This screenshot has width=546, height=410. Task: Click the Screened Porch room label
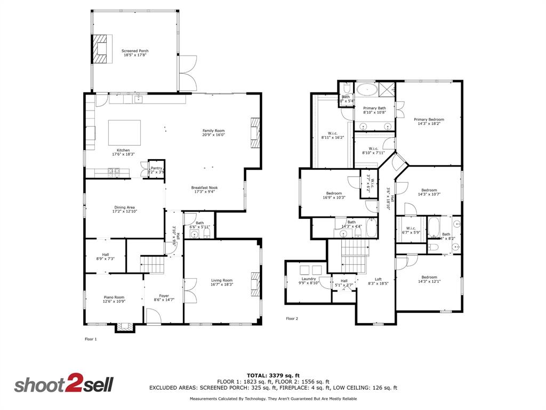[x=135, y=51]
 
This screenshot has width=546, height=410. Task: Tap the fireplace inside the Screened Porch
[x=101, y=49]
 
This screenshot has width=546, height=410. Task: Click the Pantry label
[x=156, y=168]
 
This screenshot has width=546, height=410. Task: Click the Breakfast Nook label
[x=205, y=187]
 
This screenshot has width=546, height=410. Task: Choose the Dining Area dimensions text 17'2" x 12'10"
[x=125, y=211]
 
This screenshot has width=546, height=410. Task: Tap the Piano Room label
[x=114, y=297]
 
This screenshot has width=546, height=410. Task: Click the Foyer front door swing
[x=154, y=316]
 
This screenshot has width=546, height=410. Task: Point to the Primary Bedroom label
[x=429, y=120]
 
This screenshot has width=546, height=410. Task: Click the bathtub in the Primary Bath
[x=366, y=89]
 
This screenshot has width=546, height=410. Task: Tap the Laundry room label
[x=309, y=279]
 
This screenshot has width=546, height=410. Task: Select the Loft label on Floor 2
[x=378, y=279]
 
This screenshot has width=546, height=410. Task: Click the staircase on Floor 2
[x=355, y=255]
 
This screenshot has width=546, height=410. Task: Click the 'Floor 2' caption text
[x=292, y=319]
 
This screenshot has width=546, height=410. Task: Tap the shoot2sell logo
[x=63, y=384]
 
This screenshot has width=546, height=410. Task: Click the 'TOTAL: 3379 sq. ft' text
[x=273, y=375]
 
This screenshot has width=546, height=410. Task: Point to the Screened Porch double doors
[x=187, y=73]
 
